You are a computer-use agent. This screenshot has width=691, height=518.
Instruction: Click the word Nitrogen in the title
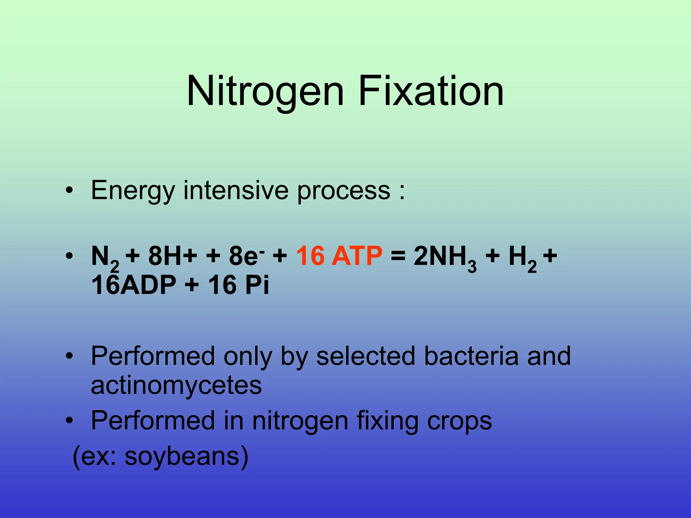point(265,91)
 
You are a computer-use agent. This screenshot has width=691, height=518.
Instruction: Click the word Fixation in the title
point(431,91)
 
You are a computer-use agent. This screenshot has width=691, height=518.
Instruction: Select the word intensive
point(236,190)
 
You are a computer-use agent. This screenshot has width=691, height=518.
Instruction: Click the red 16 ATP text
point(339,256)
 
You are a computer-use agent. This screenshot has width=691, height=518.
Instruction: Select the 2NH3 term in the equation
point(445,257)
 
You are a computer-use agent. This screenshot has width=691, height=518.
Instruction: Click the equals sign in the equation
point(398,256)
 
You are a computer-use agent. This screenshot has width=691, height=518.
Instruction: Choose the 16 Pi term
point(239,285)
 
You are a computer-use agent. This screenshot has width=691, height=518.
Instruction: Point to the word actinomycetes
point(176,385)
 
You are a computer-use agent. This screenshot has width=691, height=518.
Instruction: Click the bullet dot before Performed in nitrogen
point(70,421)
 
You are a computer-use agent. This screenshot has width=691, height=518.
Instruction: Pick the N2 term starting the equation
point(105,258)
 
